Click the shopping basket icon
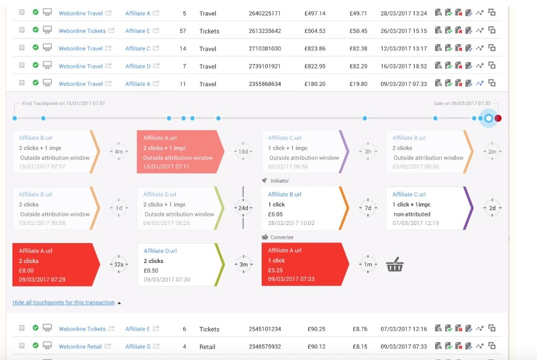pyautogui.click(x=395, y=265)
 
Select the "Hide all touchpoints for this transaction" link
pyautogui.click(x=63, y=303)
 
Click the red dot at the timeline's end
pyautogui.click(x=498, y=118)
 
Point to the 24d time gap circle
pyautogui.click(x=243, y=208)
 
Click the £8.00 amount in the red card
pyautogui.click(x=26, y=270)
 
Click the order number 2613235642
pyautogui.click(x=264, y=31)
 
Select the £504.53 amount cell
pyautogui.click(x=314, y=31)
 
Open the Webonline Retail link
pyautogui.click(x=81, y=346)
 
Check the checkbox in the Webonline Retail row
pyautogui.click(x=22, y=346)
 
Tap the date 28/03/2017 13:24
pyautogui.click(x=405, y=13)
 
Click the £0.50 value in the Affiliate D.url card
pyautogui.click(x=151, y=270)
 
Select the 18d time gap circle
pyautogui.click(x=243, y=152)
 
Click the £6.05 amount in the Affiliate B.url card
pyautogui.click(x=276, y=214)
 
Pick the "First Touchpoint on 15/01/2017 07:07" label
pyautogui.click(x=59, y=104)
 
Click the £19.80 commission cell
pyautogui.click(x=358, y=84)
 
